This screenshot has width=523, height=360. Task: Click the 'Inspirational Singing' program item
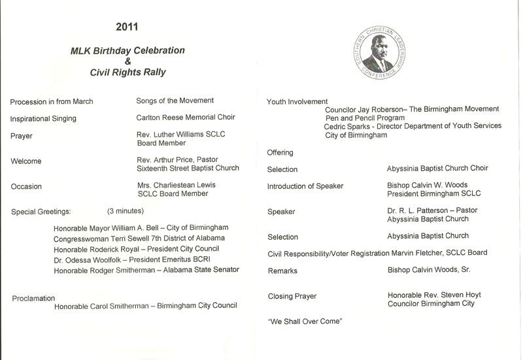[44, 118]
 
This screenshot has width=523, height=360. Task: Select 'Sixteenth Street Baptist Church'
[188, 169]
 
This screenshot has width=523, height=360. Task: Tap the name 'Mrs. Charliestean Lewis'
[177, 186]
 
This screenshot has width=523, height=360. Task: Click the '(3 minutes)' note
[126, 211]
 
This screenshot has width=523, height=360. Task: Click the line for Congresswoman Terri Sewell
[139, 238]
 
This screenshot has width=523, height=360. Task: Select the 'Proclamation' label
[33, 298]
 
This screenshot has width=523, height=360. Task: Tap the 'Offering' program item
[280, 152]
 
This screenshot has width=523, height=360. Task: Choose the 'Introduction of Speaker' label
[305, 187]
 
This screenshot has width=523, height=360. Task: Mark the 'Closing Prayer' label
[292, 296]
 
